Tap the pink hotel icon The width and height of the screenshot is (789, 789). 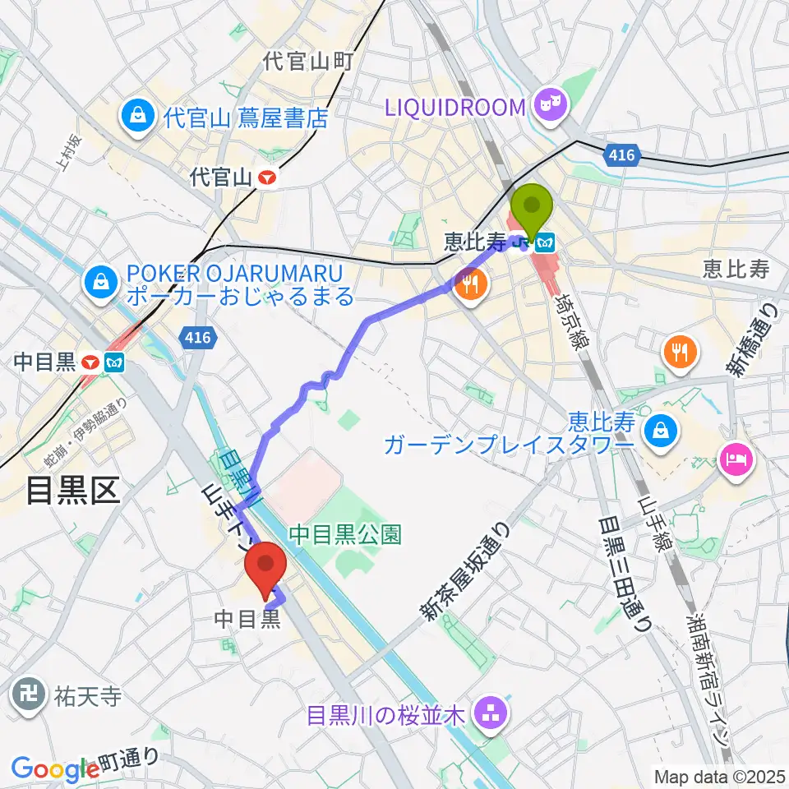pyautogui.click(x=733, y=457)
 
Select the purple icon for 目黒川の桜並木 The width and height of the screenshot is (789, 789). pyautogui.click(x=492, y=714)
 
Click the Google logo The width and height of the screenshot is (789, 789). pyautogui.click(x=54, y=768)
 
